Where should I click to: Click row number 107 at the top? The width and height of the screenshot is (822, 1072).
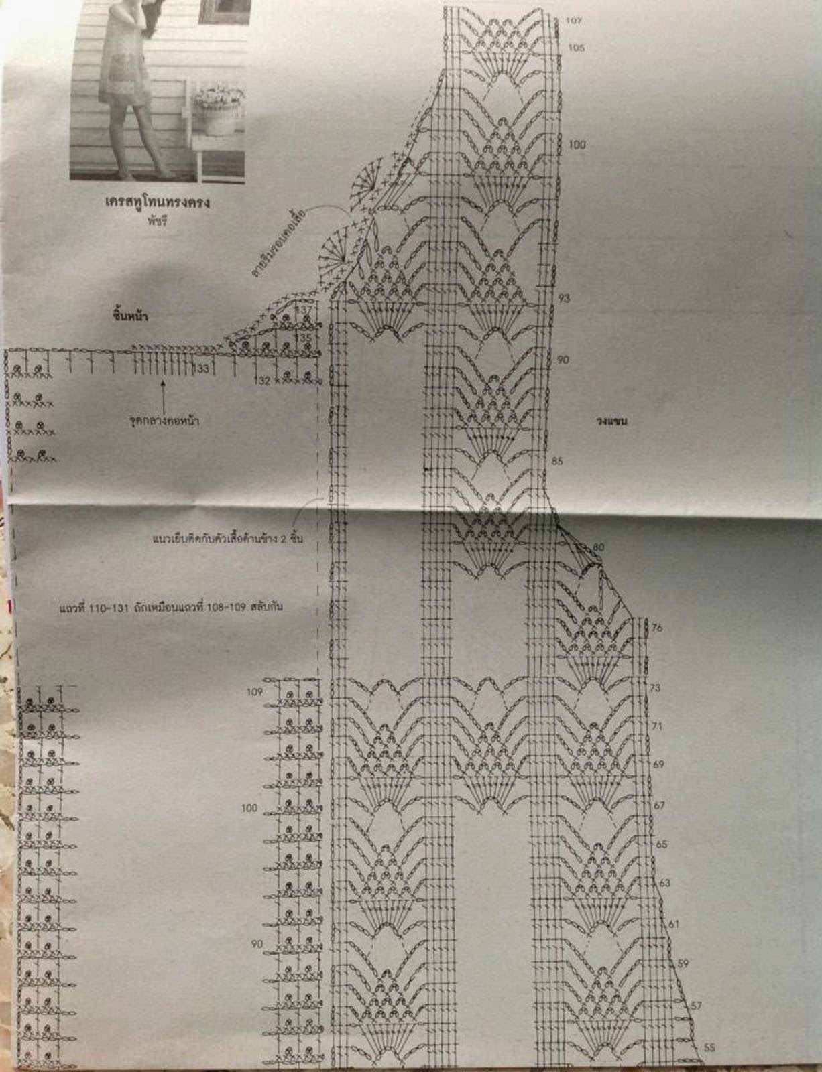point(573,21)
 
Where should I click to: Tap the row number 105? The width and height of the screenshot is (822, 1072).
point(576,48)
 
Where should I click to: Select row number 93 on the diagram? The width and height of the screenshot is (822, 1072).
point(564,298)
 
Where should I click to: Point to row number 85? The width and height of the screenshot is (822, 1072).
point(557,461)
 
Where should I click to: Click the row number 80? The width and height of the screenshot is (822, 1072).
point(598,547)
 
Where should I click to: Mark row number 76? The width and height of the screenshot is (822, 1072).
point(656,628)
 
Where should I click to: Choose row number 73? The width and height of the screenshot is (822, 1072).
point(655,688)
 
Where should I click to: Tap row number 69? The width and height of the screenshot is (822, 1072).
point(658,764)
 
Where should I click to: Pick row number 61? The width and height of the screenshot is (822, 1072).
point(674,924)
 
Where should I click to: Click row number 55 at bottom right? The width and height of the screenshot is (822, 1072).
point(710,1047)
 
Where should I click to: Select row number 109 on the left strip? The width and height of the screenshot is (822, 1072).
point(254,692)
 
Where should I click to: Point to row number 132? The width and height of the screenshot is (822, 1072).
point(263,381)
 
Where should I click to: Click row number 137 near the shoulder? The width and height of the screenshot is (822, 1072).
point(306,310)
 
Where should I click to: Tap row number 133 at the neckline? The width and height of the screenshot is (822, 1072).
point(202,368)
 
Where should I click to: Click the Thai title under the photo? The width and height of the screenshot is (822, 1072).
point(158,201)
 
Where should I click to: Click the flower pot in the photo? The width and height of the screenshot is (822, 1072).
point(217,114)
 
